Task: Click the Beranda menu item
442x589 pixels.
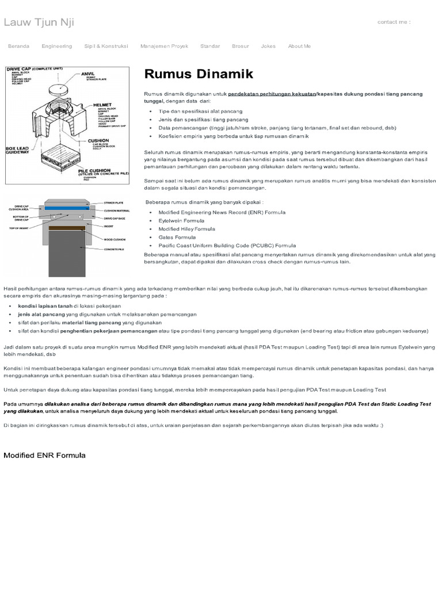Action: pyautogui.click(x=18, y=46)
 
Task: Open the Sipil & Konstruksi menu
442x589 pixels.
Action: pyautogui.click(x=106, y=46)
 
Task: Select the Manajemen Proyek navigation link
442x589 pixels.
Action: pyautogui.click(x=164, y=46)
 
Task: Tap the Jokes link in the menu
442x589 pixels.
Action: pyautogui.click(x=268, y=46)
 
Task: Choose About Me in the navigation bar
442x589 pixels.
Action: pyautogui.click(x=299, y=46)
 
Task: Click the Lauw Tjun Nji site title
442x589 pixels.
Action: pyautogui.click(x=39, y=22)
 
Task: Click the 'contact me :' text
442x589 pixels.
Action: pyautogui.click(x=394, y=22)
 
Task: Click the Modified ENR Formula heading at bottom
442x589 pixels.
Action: pyautogui.click(x=45, y=455)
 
